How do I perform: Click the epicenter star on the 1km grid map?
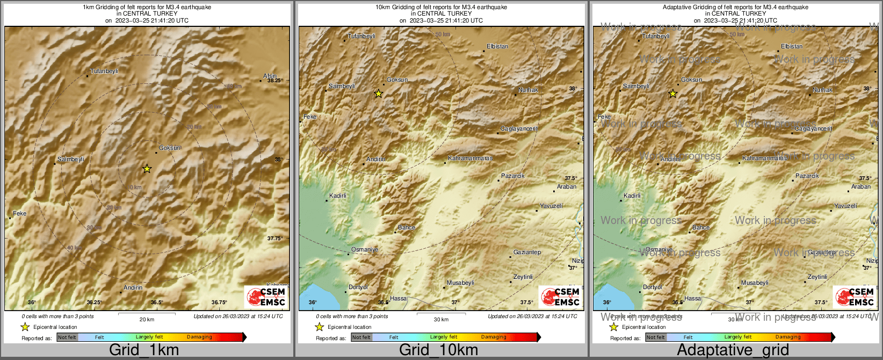(x=147, y=169)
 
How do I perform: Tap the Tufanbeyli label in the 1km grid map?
(x=104, y=71)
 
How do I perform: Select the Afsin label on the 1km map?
(x=270, y=76)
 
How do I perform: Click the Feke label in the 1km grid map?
(x=20, y=213)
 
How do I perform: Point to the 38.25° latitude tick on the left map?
(x=274, y=81)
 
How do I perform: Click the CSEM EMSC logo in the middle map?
(x=560, y=297)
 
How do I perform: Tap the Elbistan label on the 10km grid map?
(x=497, y=46)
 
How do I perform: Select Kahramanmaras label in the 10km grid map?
(x=471, y=158)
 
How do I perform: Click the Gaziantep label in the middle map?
(x=527, y=252)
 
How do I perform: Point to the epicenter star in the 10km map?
(x=378, y=93)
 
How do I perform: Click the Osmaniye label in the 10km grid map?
(x=365, y=249)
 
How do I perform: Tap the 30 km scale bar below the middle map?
(x=441, y=314)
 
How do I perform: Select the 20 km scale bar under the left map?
(x=147, y=314)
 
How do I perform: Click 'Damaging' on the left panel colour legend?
(x=199, y=337)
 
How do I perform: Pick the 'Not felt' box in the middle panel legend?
(x=361, y=337)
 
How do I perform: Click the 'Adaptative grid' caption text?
(x=733, y=350)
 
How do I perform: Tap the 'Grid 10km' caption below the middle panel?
(x=438, y=350)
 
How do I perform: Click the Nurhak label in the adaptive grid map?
(x=822, y=90)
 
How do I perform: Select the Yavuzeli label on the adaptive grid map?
(x=845, y=206)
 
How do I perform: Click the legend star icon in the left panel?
(x=25, y=327)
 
